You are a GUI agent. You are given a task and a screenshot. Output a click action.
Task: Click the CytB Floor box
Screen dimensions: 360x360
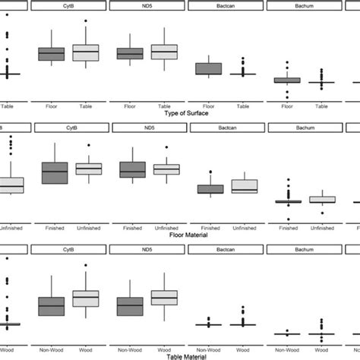click(x=51, y=54)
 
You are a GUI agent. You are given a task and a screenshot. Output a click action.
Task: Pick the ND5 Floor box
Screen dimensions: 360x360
click(x=130, y=54)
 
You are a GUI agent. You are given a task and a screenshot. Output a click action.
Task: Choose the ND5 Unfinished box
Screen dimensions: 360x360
click(x=166, y=169)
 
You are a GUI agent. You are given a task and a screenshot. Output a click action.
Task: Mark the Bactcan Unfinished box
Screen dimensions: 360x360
click(x=245, y=186)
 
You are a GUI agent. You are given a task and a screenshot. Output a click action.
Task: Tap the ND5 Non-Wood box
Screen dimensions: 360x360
click(x=130, y=305)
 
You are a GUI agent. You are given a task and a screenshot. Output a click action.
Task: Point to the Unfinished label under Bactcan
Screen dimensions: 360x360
click(x=245, y=226)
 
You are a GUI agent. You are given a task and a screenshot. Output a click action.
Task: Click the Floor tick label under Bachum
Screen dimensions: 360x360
click(x=286, y=106)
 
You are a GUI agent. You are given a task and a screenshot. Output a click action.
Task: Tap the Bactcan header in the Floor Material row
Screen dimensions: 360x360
click(x=226, y=128)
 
